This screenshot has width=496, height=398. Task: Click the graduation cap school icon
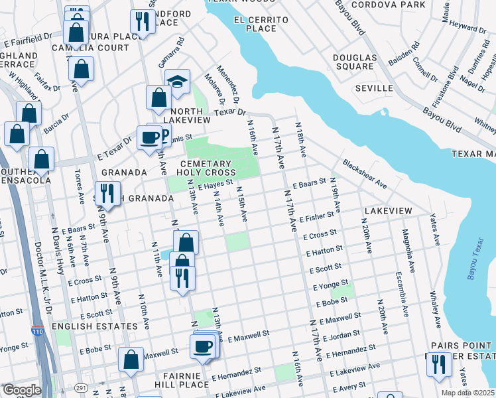click(x=177, y=81)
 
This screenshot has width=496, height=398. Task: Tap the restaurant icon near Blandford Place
click(x=143, y=21)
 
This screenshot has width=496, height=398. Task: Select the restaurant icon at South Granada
click(x=107, y=193)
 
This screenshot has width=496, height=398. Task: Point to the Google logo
click(x=22, y=390)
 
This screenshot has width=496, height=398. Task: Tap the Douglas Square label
click(x=353, y=62)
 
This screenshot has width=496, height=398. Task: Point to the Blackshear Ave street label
click(x=364, y=173)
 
